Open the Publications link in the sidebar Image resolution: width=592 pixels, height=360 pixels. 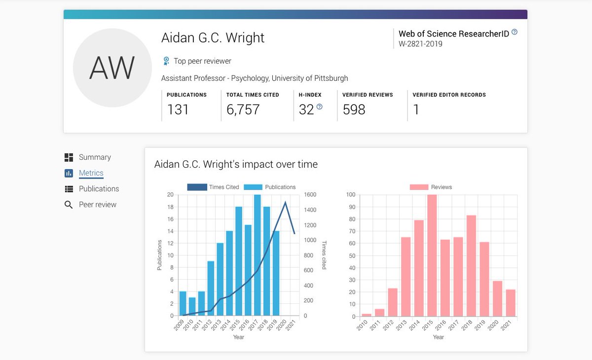pos(99,189)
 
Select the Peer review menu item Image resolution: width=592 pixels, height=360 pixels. pos(98,205)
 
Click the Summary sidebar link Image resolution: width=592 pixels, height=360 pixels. pos(95,157)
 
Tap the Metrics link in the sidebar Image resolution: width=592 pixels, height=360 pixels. pos(91,173)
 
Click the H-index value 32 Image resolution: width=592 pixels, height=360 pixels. pos(306,109)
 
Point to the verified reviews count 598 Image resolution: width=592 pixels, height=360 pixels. pos(354,109)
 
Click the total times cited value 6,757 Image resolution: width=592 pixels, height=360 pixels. pos(243,109)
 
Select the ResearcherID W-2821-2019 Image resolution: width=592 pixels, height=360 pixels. pos(420,44)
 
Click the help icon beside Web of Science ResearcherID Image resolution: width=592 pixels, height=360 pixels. pos(515,32)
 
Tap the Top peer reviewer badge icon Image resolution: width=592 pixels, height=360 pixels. pos(166,61)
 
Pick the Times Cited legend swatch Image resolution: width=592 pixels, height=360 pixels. pos(197,187)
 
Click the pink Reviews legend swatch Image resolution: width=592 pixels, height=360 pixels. pos(419,187)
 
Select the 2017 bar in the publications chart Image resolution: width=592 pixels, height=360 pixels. pos(257,255)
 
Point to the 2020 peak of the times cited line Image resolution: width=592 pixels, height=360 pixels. pos(285,202)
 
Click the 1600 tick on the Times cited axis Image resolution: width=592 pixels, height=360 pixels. pos(310,195)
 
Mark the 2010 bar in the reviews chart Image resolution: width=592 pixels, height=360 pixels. pos(367,315)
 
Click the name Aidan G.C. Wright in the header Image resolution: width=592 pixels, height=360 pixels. pos(213,38)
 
